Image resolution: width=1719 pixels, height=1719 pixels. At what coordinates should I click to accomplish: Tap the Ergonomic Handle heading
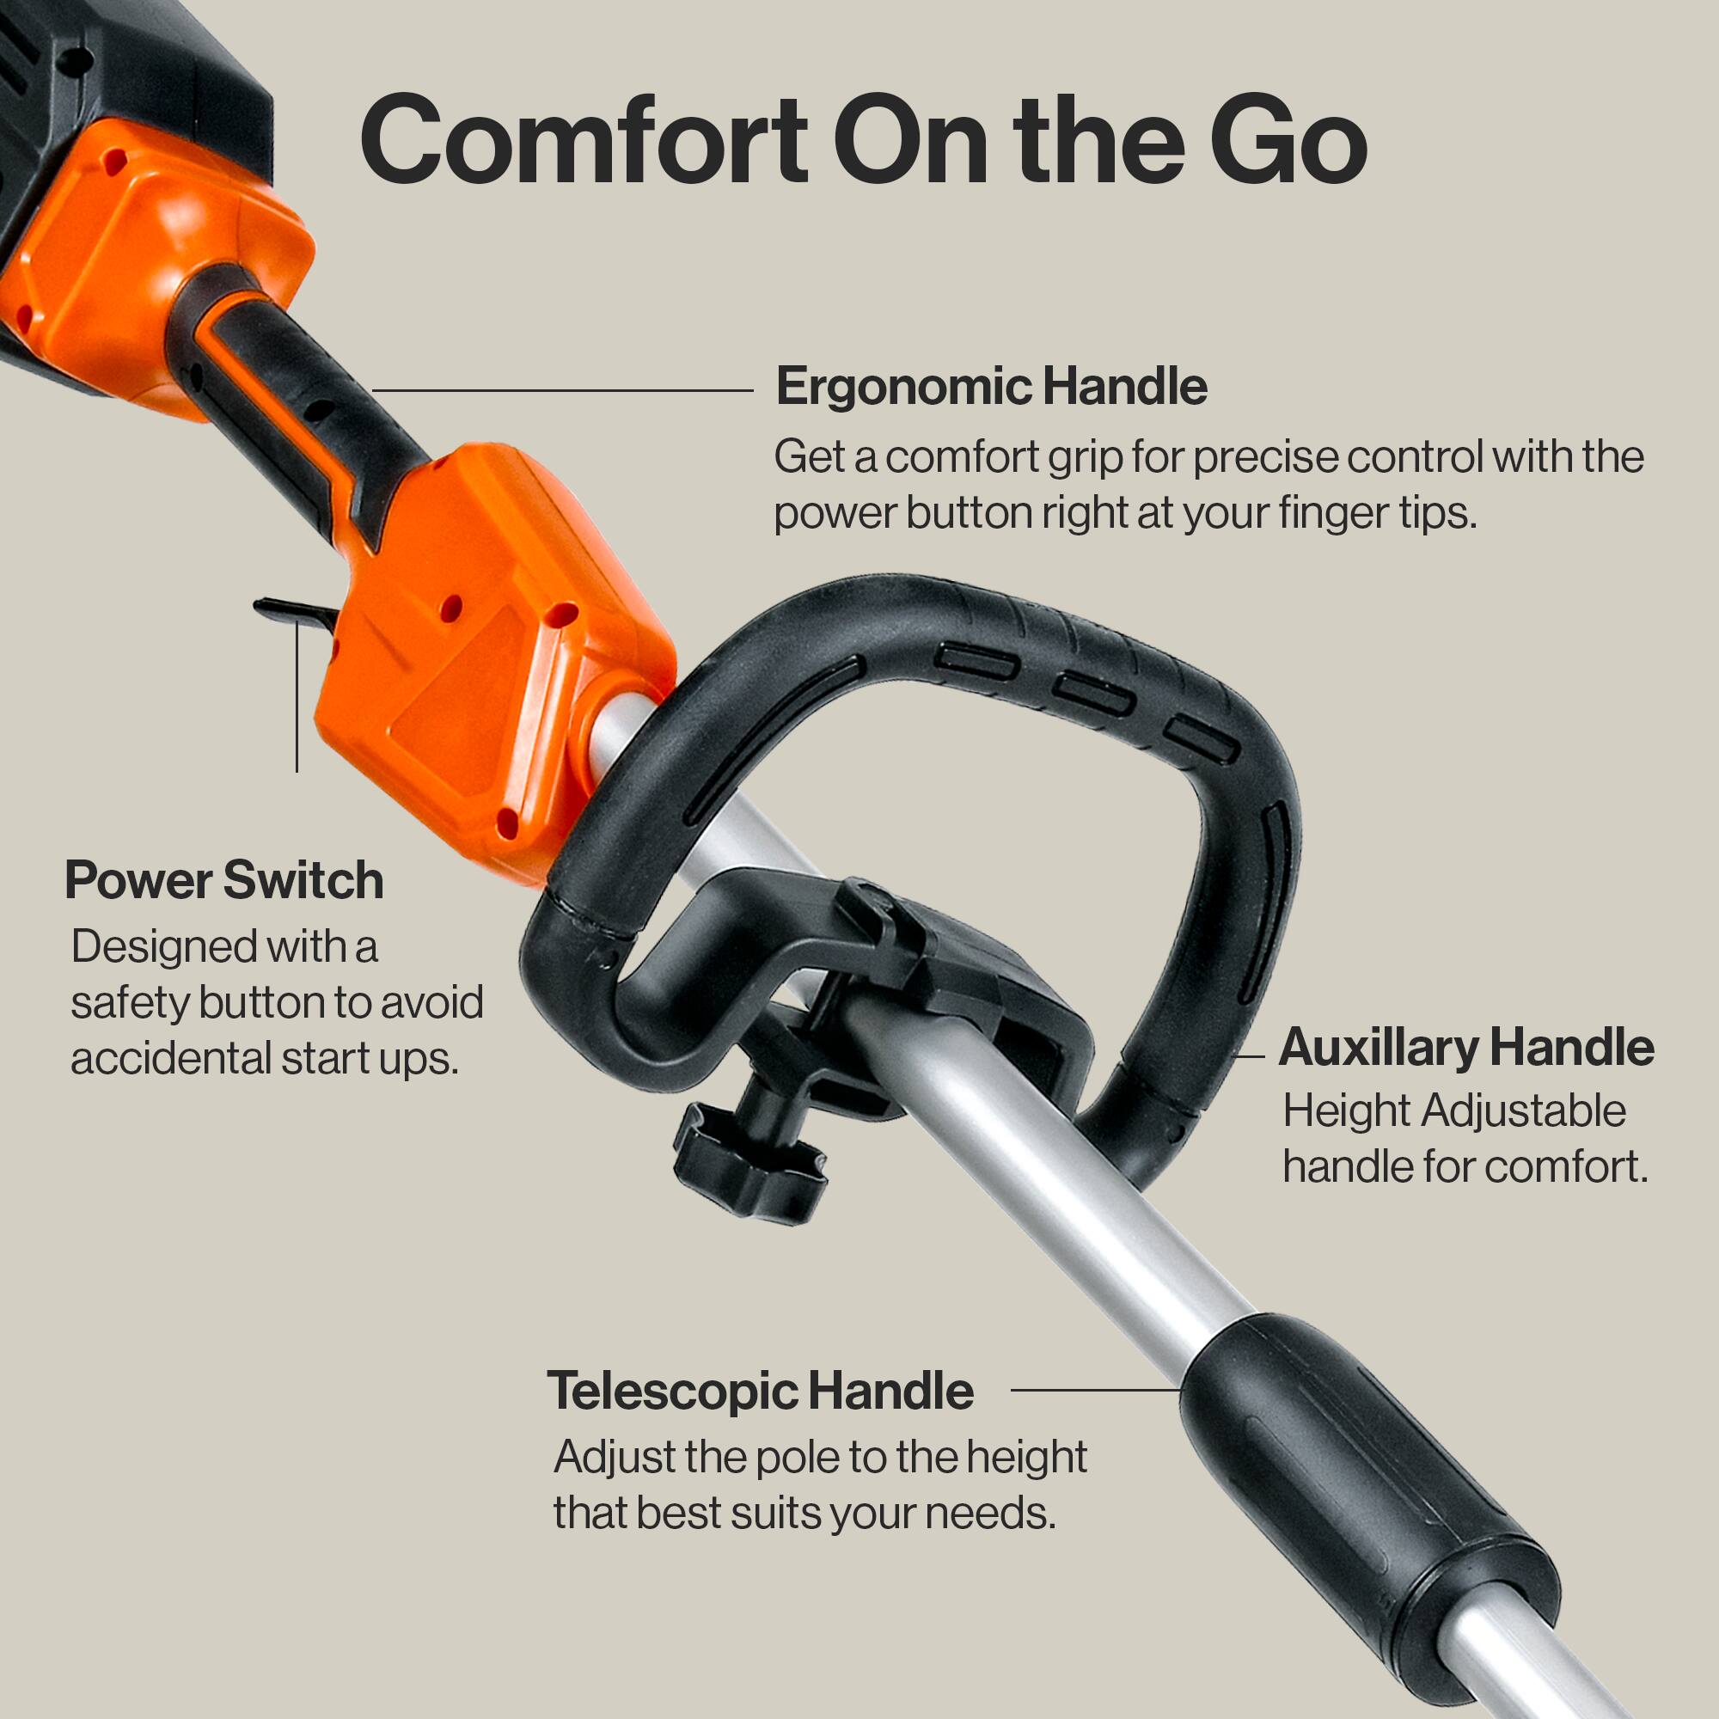[x=991, y=387]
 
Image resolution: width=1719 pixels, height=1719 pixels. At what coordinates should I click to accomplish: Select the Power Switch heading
[x=224, y=881]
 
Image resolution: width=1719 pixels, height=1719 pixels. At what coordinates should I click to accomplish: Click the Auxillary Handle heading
[x=1465, y=1047]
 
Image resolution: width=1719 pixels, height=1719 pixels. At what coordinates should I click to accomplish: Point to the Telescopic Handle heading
[x=760, y=1391]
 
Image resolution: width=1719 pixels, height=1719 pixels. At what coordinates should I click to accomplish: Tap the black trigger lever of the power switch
[x=294, y=611]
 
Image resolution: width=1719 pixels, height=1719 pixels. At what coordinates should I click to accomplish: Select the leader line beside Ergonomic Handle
[x=562, y=389]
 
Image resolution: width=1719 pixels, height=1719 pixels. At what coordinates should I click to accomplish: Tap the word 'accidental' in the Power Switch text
[x=171, y=1059]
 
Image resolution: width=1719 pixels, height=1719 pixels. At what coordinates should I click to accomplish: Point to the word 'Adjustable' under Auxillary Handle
[x=1523, y=1111]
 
